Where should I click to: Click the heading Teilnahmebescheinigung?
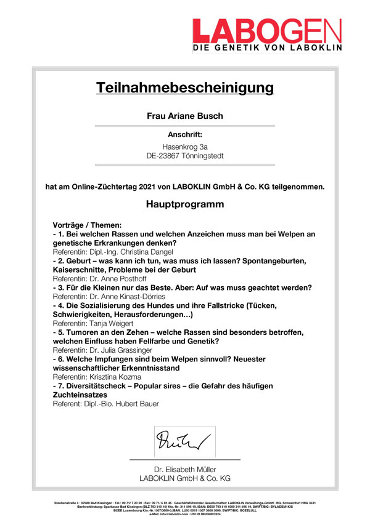184,87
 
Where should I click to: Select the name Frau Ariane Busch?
184,116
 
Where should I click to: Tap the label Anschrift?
185,134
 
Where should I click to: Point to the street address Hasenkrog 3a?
185,147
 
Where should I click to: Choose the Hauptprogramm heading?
185,204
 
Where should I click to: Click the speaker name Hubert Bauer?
143,404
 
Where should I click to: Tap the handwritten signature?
183,441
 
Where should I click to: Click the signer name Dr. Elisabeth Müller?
185,469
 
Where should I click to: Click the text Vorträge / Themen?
88,225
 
